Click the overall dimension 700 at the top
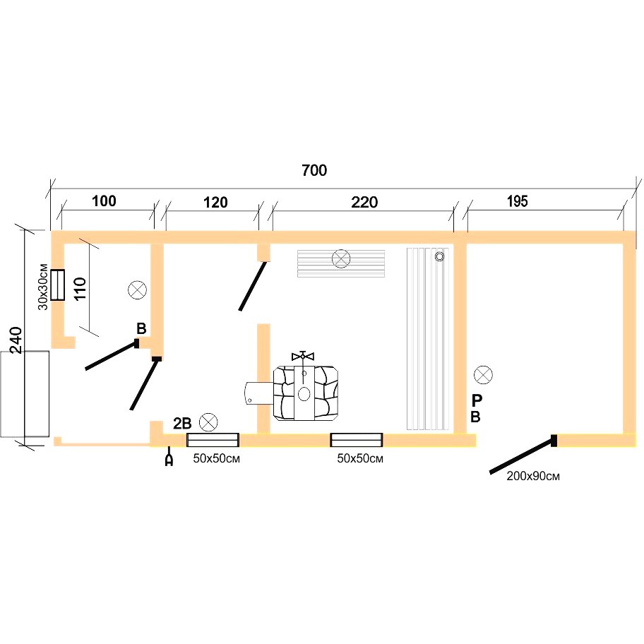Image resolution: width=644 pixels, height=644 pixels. [314, 170]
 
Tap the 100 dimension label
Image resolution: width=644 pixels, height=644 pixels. [104, 201]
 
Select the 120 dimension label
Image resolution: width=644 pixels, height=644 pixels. [215, 202]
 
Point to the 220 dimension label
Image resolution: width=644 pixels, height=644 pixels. [364, 202]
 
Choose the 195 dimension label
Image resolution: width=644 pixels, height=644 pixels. [517, 201]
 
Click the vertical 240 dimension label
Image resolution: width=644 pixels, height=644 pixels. [16, 340]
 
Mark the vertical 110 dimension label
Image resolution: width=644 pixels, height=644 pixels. [80, 288]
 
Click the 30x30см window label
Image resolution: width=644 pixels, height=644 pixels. [42, 287]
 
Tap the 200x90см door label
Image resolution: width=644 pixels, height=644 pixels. [533, 476]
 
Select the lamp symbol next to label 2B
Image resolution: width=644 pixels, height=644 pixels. [208, 422]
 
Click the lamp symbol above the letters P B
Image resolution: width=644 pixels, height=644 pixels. [483, 374]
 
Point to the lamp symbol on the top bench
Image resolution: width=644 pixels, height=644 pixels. [341, 258]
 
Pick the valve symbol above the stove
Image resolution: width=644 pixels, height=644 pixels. [303, 356]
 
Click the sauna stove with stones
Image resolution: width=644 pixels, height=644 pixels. [306, 393]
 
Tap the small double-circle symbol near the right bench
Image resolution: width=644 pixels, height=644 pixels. [439, 257]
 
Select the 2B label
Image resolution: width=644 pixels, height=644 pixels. [182, 423]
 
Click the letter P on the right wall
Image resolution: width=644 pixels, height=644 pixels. [477, 399]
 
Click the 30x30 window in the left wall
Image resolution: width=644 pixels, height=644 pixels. [58, 285]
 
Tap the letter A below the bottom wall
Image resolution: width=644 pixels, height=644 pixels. [169, 460]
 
